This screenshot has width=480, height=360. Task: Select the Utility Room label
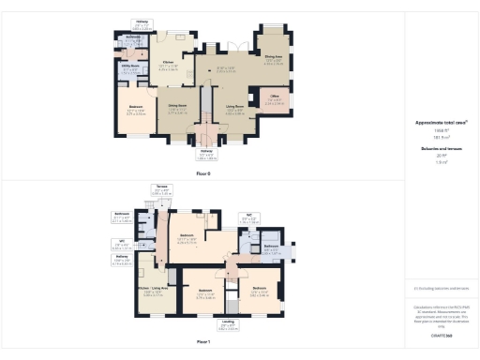pos(130,66)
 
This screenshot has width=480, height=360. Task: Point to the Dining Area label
pos(273,56)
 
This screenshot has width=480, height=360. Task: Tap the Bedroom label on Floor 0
pos(135,107)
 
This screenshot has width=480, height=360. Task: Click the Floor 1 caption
pos(203,342)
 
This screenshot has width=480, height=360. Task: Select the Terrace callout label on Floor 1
pos(160,186)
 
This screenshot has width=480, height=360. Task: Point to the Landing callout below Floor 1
pos(228,322)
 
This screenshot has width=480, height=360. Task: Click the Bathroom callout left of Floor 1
pos(122,214)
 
